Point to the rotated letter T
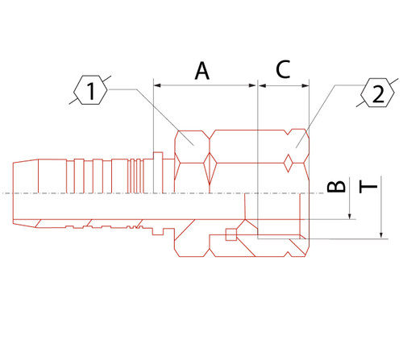point(369,188)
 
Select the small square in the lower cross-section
point(231,234)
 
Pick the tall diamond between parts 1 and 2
point(211,170)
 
